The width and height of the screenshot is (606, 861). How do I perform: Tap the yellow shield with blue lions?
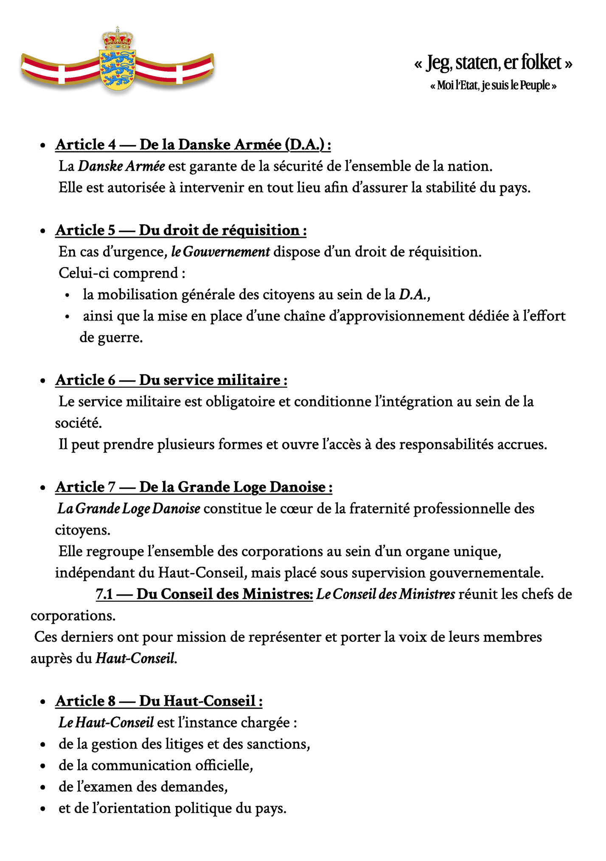117,68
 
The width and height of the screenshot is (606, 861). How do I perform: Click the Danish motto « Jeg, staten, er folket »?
493,63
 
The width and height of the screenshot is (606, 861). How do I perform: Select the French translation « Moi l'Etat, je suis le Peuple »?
493,86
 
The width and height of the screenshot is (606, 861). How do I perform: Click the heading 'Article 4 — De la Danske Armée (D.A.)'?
193,145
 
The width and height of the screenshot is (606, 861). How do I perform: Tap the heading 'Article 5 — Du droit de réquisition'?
181,231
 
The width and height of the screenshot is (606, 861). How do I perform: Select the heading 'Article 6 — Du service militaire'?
171,380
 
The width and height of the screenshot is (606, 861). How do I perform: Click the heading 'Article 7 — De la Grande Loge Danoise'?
194,487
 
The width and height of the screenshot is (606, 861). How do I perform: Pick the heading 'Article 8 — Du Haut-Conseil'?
159,701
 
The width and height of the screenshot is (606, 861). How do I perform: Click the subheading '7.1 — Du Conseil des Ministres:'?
205,594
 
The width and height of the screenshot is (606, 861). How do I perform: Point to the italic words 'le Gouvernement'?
220,252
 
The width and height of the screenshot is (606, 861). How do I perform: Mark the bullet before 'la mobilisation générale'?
67,295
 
